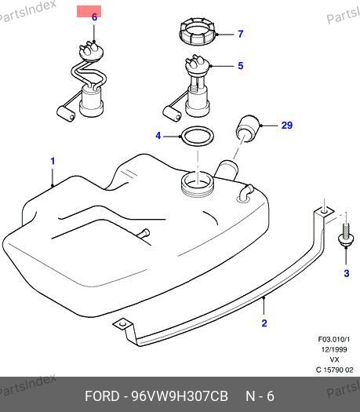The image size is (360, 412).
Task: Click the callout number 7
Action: point(241,34)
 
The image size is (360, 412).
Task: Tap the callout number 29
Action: point(287,125)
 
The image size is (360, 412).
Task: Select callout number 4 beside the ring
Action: point(158,136)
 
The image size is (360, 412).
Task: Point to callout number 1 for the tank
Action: point(53,161)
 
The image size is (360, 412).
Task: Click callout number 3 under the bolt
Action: point(347,273)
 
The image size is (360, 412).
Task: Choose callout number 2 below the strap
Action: point(264,323)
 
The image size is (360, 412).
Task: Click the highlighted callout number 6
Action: point(94,17)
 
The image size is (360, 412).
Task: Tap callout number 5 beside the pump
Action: point(241,66)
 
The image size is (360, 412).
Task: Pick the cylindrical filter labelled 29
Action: point(248,129)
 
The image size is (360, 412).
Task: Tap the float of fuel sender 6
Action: point(66,113)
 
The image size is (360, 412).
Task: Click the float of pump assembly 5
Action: point(172,113)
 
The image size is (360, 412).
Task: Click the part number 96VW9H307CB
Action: point(180,396)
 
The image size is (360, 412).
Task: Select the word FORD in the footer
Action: point(102,396)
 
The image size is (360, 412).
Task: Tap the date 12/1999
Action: point(334,349)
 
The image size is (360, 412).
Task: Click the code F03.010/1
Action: point(334,339)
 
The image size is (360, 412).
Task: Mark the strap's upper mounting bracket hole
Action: point(325,211)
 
